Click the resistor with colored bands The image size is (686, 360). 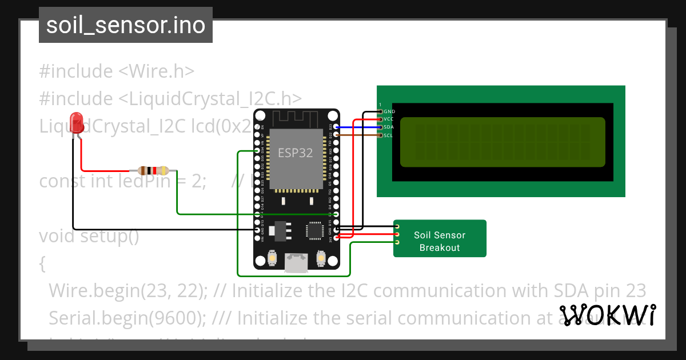[x=153, y=170]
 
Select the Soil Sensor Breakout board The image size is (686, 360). [x=440, y=238]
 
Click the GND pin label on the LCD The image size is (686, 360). [x=389, y=111]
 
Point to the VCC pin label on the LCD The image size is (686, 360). [x=389, y=119]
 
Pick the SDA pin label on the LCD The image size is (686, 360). [x=389, y=127]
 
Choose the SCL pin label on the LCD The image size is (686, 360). [x=388, y=135]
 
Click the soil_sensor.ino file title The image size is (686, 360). [x=126, y=26]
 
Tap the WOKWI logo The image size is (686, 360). [x=607, y=315]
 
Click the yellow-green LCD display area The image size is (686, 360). [x=502, y=142]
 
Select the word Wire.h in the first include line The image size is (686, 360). [x=156, y=71]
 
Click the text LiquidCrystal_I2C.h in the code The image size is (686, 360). [x=210, y=98]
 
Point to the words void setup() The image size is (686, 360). [x=89, y=235]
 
